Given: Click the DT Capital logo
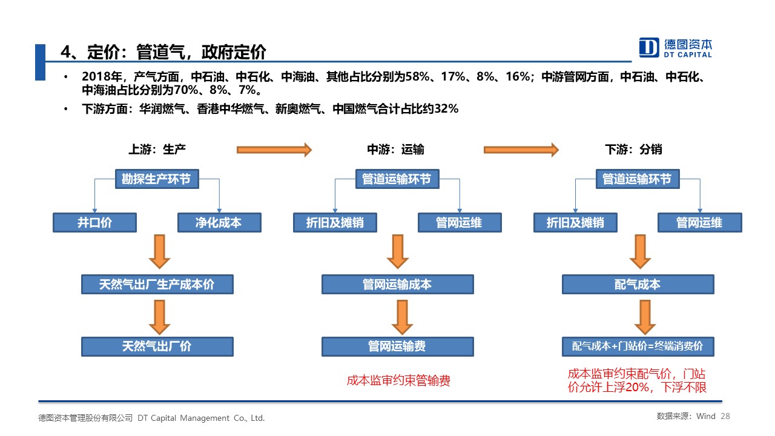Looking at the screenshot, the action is click(x=675, y=47).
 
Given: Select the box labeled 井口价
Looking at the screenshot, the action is click(x=94, y=222).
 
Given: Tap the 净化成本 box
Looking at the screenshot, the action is click(x=219, y=222).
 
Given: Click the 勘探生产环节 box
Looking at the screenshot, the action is click(x=157, y=179).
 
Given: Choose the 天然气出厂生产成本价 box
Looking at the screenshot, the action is click(x=157, y=285).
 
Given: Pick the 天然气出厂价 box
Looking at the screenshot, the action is click(x=157, y=346).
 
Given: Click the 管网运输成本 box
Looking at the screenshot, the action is click(x=398, y=285).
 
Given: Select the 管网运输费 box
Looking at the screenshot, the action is click(x=398, y=346).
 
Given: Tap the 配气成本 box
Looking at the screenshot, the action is click(x=638, y=285).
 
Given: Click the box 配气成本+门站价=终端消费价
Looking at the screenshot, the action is click(x=638, y=346).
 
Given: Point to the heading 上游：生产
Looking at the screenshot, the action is click(x=157, y=150).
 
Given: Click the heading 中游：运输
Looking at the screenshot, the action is click(x=395, y=150).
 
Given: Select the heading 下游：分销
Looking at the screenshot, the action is click(x=633, y=150).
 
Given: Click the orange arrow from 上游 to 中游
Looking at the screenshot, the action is click(x=274, y=150).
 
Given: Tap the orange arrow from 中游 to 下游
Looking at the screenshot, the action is click(x=521, y=150).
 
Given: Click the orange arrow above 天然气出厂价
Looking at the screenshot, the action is click(x=159, y=317).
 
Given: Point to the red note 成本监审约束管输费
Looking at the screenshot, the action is click(x=398, y=381).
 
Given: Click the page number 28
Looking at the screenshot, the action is click(x=725, y=416).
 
